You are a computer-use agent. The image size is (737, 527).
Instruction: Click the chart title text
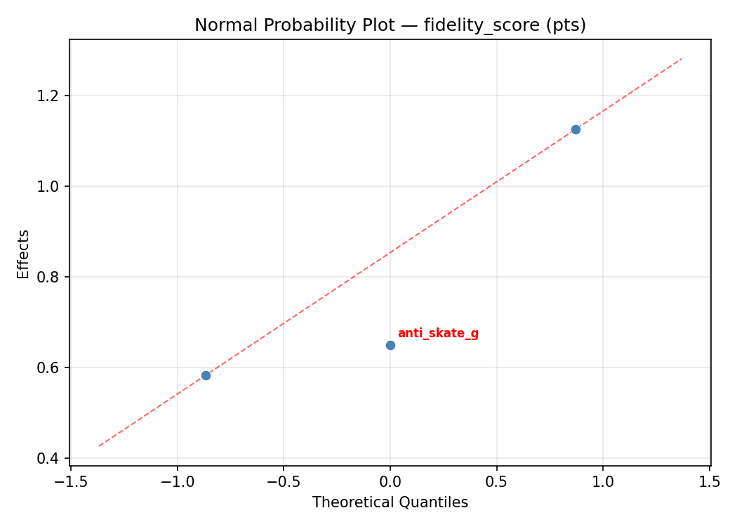pos(390,25)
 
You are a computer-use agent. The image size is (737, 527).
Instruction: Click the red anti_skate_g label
pos(438,333)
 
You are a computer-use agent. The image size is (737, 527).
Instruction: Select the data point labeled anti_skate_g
pos(390,345)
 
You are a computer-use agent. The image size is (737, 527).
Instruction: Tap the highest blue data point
pos(576,129)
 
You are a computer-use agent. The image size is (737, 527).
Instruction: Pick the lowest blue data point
pos(206,375)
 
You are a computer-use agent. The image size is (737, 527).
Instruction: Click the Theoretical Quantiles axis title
pos(390,502)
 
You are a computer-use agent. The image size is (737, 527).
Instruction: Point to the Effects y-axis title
pos(24,254)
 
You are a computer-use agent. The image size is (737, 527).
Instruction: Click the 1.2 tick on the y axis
pos(50,96)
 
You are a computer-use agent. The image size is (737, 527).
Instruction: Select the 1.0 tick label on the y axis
pos(50,186)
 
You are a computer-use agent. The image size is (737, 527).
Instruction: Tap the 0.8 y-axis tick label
pos(50,277)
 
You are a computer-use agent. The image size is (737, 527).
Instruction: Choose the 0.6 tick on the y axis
pos(50,367)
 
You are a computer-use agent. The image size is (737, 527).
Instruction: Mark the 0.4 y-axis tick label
pos(50,458)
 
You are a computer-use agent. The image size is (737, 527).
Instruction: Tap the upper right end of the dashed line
pos(681,59)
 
